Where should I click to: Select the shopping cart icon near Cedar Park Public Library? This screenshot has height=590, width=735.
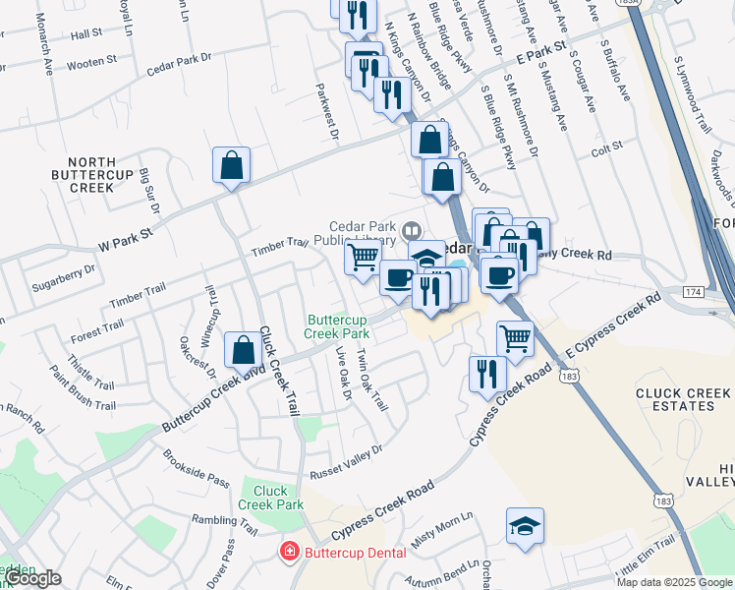tap(363, 258)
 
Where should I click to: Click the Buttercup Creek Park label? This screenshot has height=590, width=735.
tap(337, 326)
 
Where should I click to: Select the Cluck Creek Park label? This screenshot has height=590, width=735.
tap(271, 498)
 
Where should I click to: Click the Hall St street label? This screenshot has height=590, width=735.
tap(86, 33)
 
